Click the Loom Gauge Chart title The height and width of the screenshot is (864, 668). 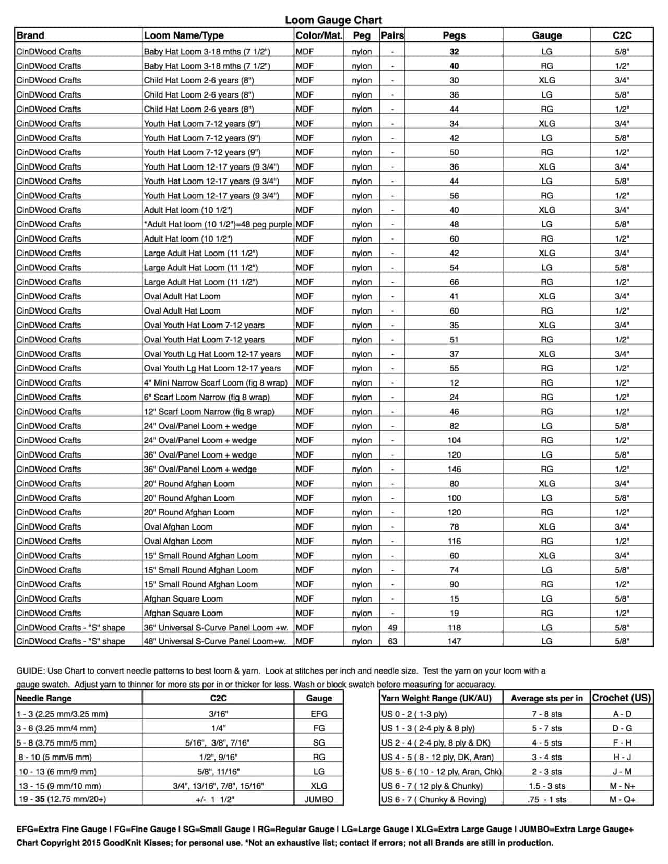333,20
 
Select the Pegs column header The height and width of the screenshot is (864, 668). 454,35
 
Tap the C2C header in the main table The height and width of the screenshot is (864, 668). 622,35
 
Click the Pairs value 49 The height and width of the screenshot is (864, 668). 392,628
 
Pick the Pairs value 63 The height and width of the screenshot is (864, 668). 392,641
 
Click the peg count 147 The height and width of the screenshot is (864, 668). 454,641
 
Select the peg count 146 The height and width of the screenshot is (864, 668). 454,469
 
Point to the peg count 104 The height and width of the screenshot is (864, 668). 454,440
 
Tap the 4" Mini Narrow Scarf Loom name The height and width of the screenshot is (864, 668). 216,382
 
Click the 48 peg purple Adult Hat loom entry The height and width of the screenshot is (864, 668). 218,224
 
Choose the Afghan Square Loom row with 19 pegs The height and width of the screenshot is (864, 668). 183,613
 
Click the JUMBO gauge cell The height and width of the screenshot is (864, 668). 319,799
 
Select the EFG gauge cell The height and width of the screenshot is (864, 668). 319,714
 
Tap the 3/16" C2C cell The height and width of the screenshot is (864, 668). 218,714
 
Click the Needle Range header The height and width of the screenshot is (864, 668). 44,698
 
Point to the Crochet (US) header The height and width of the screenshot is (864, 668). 622,698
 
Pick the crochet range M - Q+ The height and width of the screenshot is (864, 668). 622,799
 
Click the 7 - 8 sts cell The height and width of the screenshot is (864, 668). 546,714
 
